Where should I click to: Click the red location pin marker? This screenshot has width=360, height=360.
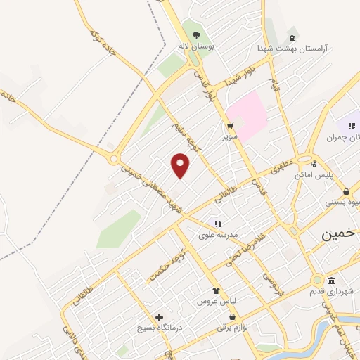pyautogui.click(x=181, y=165)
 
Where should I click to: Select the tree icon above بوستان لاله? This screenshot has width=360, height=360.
pyautogui.click(x=196, y=35)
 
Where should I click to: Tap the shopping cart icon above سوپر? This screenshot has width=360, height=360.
pyautogui.click(x=230, y=125)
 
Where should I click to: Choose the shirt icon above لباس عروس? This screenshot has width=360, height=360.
pyautogui.click(x=217, y=290)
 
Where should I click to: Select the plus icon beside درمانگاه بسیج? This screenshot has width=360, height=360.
pyautogui.click(x=160, y=317)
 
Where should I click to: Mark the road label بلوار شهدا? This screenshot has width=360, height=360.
pyautogui.click(x=238, y=79)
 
